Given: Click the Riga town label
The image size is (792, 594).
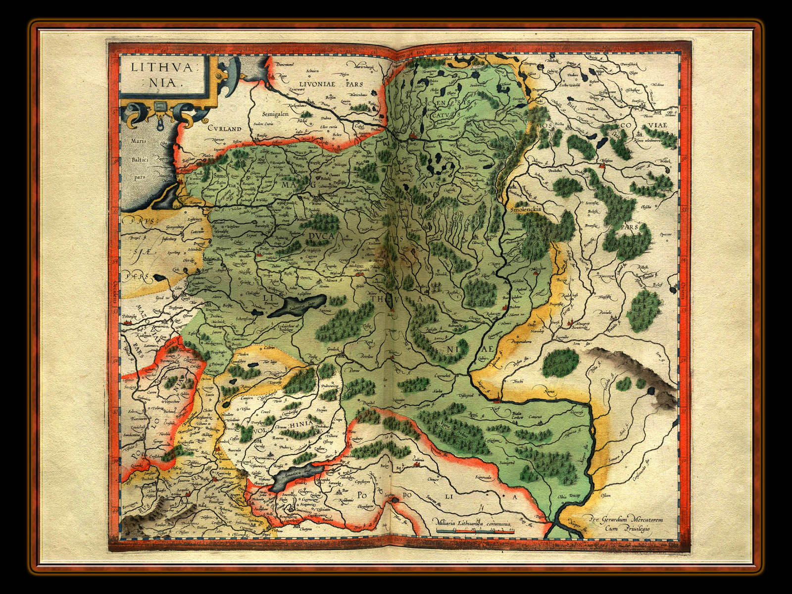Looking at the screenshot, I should [x=284, y=76].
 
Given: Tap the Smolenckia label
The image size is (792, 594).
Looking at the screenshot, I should [x=525, y=209].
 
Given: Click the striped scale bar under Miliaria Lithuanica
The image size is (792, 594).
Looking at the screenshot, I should [x=476, y=531].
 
